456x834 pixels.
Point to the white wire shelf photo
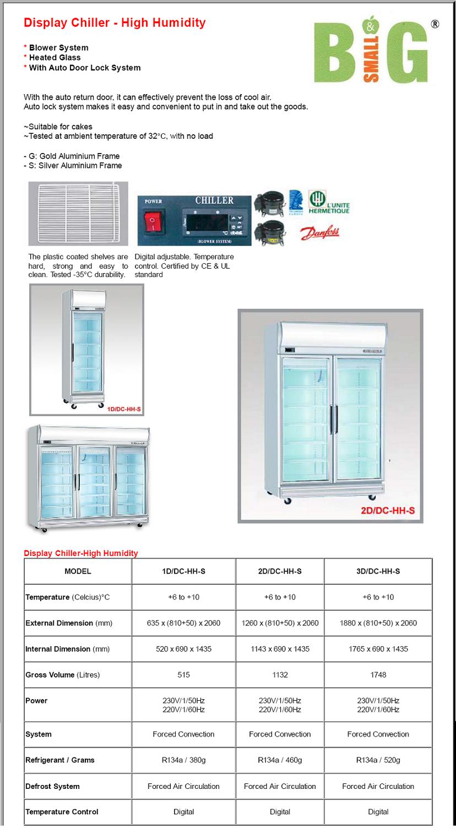[78, 214]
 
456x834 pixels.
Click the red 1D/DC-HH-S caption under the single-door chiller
[124, 409]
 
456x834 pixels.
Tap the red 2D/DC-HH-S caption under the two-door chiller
[387, 510]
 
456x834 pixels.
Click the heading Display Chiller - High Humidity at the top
[115, 23]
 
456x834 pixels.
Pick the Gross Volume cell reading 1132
[280, 675]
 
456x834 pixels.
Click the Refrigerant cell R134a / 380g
[183, 760]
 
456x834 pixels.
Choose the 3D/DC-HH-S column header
[378, 571]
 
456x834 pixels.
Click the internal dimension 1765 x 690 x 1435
[378, 649]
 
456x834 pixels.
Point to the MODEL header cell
[78, 571]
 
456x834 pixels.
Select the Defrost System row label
[52, 787]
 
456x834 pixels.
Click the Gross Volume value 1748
[378, 675]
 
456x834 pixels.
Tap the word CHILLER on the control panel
[214, 200]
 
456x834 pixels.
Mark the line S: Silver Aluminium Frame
[73, 166]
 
